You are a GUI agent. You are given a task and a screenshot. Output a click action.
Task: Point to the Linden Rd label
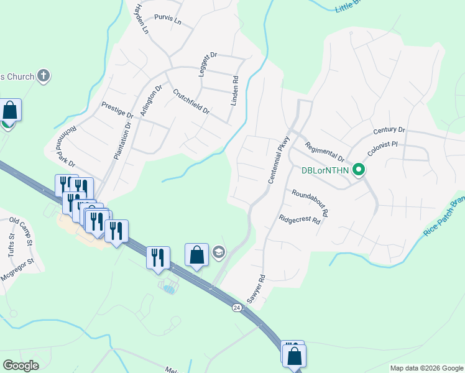pos(235,90)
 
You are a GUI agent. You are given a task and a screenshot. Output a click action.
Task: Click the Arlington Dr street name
pos(151,100)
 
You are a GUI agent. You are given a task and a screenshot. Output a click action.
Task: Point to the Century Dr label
pos(389,131)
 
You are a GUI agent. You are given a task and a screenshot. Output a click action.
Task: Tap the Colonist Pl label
pos(382,149)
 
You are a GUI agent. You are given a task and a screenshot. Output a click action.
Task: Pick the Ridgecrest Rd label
pos(300,219)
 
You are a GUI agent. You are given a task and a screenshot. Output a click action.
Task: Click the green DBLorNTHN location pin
pos(359,169)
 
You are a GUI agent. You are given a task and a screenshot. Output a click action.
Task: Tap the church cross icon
pos(43,76)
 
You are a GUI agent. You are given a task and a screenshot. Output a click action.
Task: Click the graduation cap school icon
pos(218,252)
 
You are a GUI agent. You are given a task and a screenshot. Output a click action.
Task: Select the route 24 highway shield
pos(236,307)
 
